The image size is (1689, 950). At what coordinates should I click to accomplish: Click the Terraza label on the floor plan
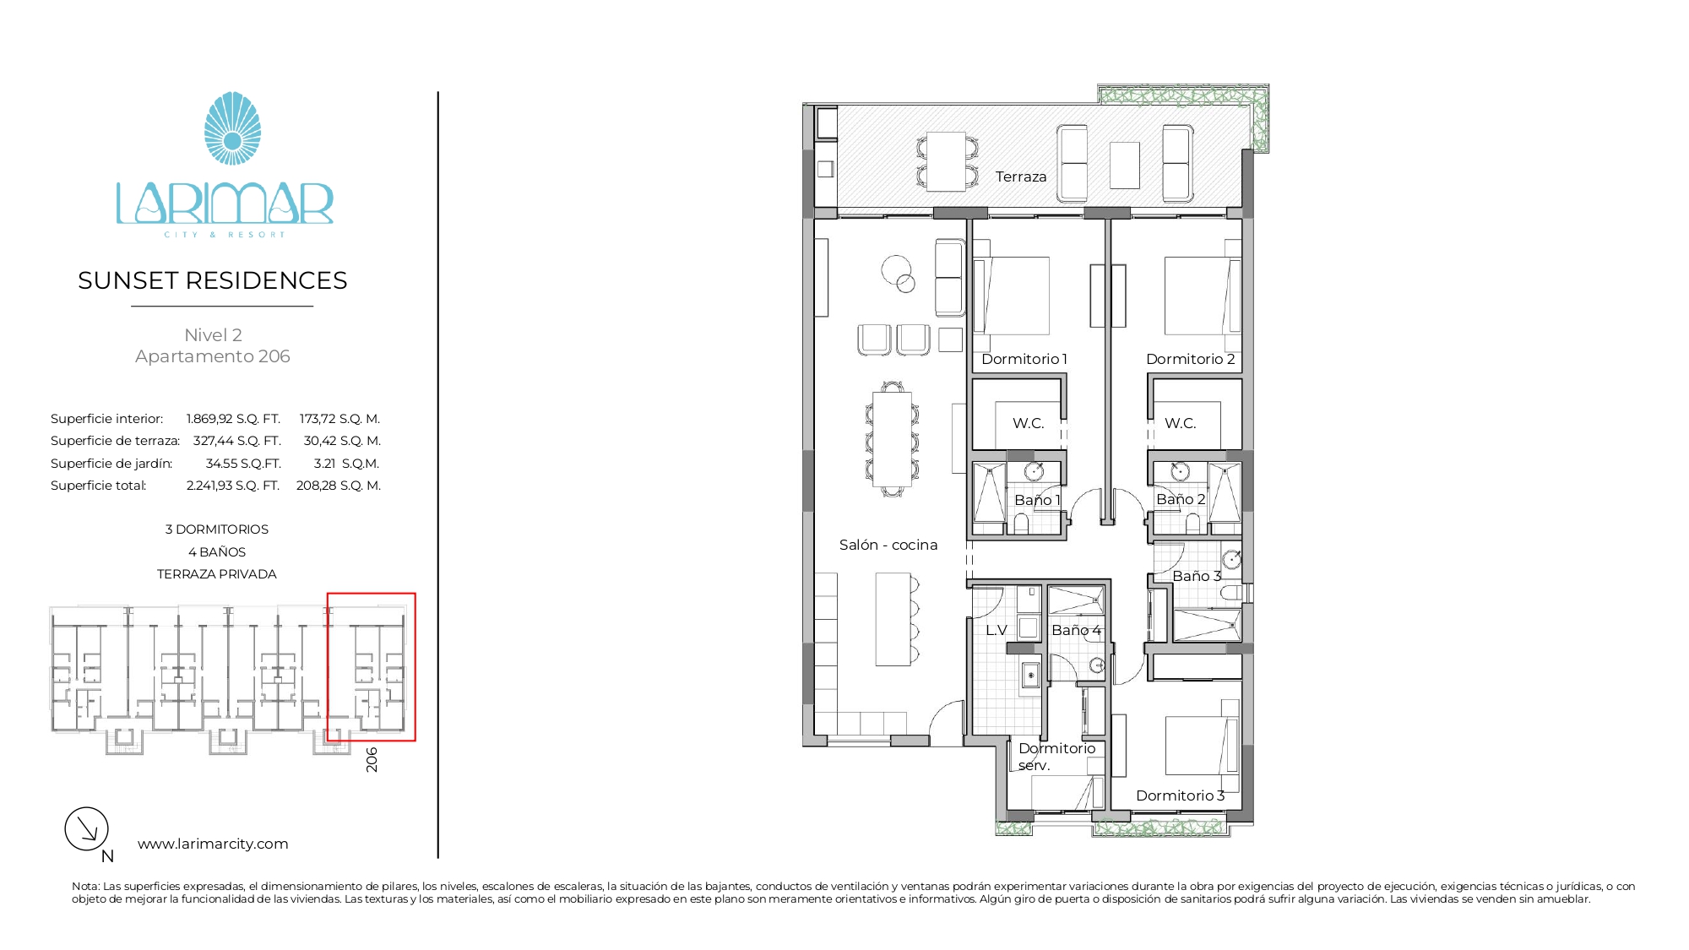(1021, 176)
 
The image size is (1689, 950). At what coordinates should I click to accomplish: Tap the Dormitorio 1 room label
(1024, 359)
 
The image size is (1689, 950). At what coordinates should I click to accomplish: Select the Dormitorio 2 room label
(1191, 359)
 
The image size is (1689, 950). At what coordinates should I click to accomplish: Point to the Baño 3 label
(1197, 576)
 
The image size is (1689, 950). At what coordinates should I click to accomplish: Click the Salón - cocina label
(888, 545)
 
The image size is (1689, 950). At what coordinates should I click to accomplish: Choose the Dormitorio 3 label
(1181, 795)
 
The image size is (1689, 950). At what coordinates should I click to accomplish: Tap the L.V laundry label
(997, 630)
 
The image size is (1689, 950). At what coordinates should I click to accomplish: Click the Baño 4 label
(1077, 630)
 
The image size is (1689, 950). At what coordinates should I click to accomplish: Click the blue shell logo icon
(232, 128)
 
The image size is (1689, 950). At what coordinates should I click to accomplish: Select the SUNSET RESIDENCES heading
(213, 280)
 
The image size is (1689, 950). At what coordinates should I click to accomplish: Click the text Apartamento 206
(213, 356)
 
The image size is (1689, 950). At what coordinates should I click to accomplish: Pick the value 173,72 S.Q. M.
(340, 419)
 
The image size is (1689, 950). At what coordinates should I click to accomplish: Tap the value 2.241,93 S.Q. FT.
(233, 486)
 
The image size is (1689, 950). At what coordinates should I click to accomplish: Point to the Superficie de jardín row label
(111, 464)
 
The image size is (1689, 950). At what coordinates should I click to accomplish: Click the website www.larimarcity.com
(213, 844)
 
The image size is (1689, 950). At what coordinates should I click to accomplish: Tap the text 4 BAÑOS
(217, 552)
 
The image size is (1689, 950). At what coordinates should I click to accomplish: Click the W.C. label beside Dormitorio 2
(1181, 423)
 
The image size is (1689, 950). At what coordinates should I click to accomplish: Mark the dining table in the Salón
(892, 439)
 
